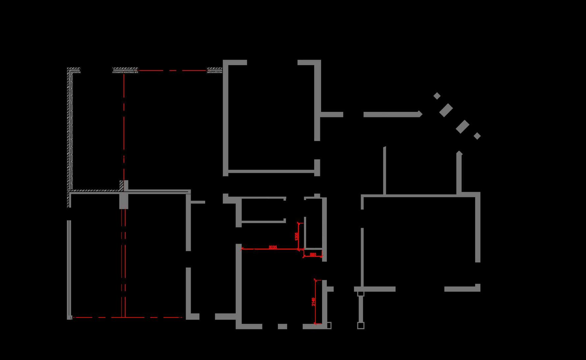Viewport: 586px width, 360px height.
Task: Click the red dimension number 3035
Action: coord(273,247)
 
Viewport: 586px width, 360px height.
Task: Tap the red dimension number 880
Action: coord(313,254)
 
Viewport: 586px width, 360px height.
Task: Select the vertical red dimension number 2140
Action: coord(313,302)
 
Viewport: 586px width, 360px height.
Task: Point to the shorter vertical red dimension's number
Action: coord(297,236)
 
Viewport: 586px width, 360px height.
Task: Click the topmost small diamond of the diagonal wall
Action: coord(437,96)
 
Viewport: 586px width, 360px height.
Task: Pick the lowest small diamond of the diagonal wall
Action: coord(477,136)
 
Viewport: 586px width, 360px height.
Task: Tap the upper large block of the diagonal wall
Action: coord(446,110)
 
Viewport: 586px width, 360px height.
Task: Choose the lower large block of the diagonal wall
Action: coord(462,127)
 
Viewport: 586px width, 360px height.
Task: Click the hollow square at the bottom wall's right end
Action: coord(329,326)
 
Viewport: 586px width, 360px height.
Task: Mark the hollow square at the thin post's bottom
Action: coord(361,326)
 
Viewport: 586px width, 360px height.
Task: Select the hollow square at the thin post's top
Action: coord(361,293)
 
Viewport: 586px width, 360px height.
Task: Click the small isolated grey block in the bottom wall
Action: coord(282,326)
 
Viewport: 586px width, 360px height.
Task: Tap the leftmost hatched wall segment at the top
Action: coord(74,70)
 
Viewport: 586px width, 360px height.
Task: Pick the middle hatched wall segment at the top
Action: coord(125,70)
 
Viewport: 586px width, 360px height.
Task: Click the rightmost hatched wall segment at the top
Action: coord(215,70)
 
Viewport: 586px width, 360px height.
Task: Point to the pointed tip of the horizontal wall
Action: coord(421,114)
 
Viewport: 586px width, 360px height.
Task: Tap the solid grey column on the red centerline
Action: coord(124,201)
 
